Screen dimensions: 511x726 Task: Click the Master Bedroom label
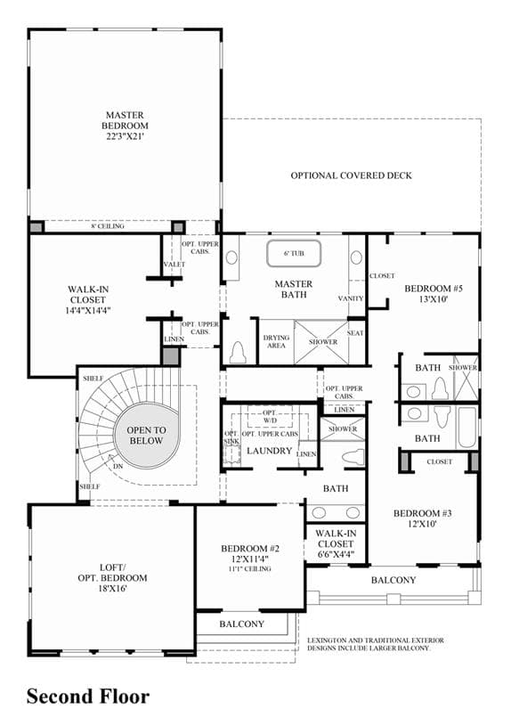125,126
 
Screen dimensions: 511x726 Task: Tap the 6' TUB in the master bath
294,253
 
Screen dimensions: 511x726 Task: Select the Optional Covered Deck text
351,175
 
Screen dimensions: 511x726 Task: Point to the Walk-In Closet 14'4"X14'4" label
88,300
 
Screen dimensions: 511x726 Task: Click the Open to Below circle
146,436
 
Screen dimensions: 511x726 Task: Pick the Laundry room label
269,451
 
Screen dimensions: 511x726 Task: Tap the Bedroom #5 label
434,294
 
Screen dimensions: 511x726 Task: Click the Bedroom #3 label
422,518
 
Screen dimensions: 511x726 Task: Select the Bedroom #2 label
250,558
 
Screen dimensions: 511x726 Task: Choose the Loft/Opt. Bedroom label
112,578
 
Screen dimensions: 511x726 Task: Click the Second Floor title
88,697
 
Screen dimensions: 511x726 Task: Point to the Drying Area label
276,341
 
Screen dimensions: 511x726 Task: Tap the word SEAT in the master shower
355,333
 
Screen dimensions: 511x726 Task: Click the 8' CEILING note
108,226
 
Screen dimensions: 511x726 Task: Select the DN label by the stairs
118,466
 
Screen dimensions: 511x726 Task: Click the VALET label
174,264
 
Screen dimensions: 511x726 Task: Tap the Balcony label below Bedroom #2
241,624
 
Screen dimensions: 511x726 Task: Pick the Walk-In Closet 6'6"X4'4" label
336,543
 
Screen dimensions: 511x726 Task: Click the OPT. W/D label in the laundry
270,416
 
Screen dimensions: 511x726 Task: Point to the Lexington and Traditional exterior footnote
376,644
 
